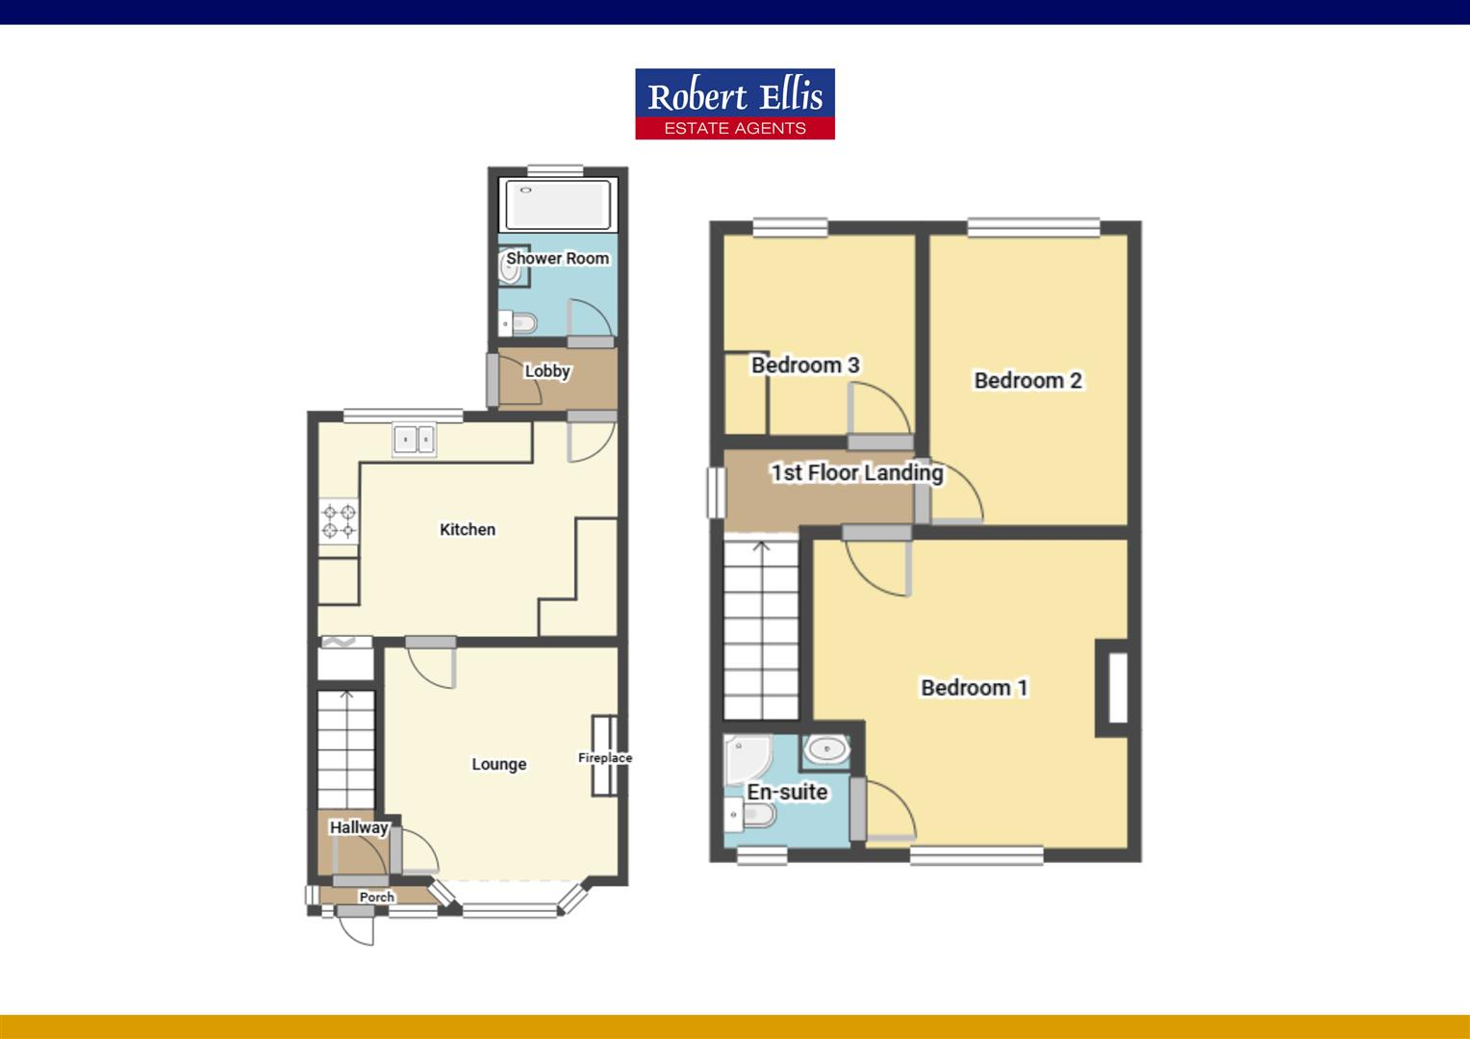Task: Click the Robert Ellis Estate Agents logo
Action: [x=734, y=104]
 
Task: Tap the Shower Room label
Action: [x=557, y=258]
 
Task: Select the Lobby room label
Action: [x=547, y=371]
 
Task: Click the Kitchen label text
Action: [x=468, y=529]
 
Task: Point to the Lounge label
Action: [x=498, y=764]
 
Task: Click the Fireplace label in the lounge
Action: [x=605, y=758]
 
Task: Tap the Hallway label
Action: [x=359, y=827]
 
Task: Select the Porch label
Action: [x=376, y=897]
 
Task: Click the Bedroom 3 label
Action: [x=805, y=365]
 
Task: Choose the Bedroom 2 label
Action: [x=1027, y=380]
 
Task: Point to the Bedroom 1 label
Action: [x=974, y=687]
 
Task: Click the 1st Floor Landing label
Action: [x=856, y=472]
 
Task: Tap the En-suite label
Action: [x=787, y=792]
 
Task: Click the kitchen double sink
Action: [x=414, y=440]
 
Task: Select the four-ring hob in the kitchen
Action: [x=339, y=520]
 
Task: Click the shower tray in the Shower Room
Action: [x=558, y=205]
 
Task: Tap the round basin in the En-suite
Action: [x=824, y=748]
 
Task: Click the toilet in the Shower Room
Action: [x=520, y=322]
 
